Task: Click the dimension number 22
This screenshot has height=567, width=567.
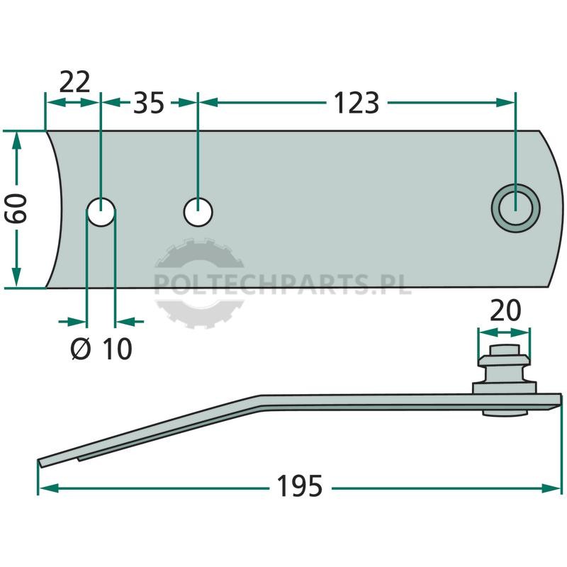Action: (74, 83)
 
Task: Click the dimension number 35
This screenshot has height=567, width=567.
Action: (149, 103)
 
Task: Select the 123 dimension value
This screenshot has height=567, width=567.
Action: (357, 103)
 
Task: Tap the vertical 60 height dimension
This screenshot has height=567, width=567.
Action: (16, 208)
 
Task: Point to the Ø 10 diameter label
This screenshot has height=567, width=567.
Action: (101, 349)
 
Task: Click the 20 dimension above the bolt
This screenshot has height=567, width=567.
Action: (505, 310)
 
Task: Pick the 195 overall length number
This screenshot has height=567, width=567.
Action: (299, 486)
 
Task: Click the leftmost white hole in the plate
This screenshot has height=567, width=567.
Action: (101, 211)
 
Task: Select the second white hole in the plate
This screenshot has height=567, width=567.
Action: (198, 211)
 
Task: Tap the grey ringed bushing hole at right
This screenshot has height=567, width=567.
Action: (516, 208)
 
